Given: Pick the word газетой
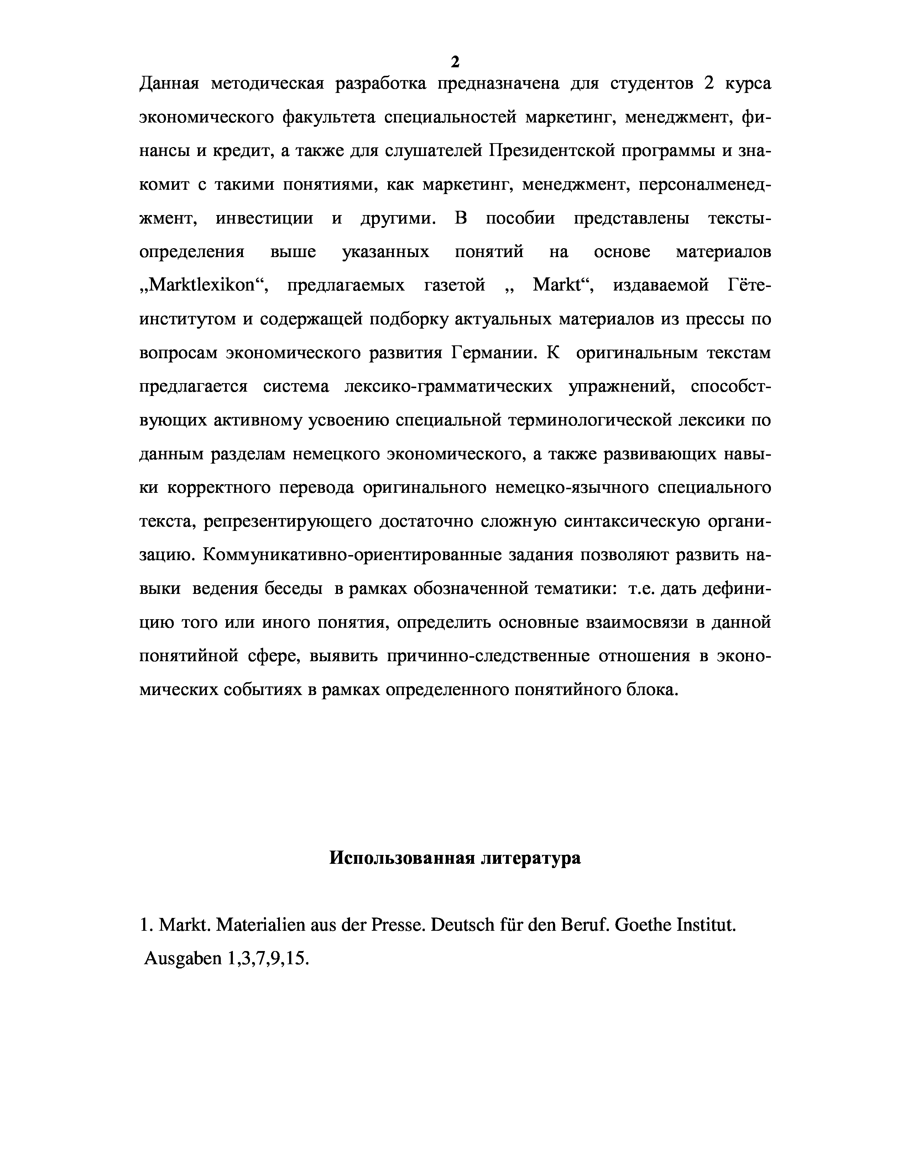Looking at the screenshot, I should (x=455, y=285).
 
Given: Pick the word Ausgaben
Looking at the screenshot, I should (x=183, y=959).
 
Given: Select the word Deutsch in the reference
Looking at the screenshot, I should (x=463, y=925).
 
